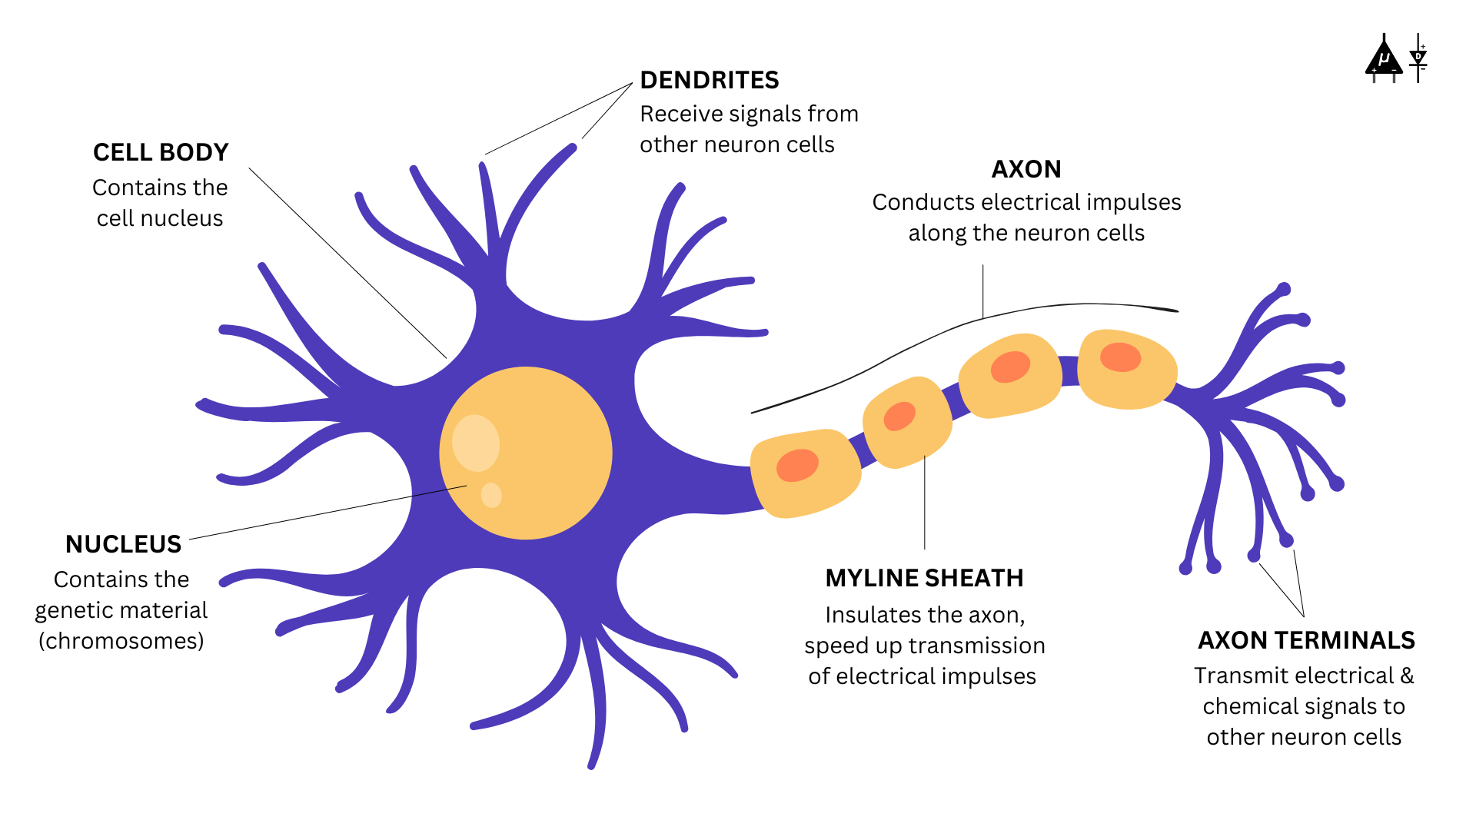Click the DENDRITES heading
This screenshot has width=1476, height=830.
click(709, 80)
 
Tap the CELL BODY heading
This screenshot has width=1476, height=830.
click(161, 152)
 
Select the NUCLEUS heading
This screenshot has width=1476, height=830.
click(123, 544)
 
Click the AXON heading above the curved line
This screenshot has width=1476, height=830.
click(1026, 169)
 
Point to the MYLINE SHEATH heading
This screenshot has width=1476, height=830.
click(924, 578)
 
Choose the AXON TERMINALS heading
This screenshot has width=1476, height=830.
click(1306, 640)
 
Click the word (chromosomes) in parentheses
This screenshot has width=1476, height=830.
click(121, 641)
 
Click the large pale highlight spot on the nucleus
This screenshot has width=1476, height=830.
click(475, 443)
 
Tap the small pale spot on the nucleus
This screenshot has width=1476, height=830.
click(491, 495)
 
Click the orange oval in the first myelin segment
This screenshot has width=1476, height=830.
click(797, 465)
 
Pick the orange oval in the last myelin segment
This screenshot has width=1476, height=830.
click(1120, 357)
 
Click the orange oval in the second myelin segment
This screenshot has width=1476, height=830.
click(899, 417)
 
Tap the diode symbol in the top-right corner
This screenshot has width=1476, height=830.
click(1418, 58)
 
